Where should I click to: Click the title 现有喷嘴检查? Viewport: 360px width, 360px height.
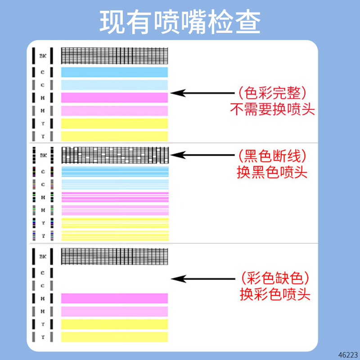coord(180,21)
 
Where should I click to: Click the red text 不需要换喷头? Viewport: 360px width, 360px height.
coord(272,110)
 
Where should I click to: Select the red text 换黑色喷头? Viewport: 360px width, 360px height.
coord(272,172)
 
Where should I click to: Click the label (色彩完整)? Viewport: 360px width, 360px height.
coord(272,93)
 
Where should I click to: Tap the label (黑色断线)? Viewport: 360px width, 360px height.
coord(272,156)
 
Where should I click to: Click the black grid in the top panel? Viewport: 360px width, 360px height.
coord(114,56)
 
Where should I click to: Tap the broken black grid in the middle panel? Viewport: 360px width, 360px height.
coord(114,155)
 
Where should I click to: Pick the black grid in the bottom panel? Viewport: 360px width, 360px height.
coord(114,256)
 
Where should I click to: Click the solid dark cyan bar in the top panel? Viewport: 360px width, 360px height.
coord(114,72)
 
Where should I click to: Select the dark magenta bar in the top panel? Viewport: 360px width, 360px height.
coord(114,97)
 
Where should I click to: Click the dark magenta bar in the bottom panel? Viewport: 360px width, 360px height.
coord(114,298)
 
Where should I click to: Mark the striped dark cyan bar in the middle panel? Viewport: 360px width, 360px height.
coord(114,171)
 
